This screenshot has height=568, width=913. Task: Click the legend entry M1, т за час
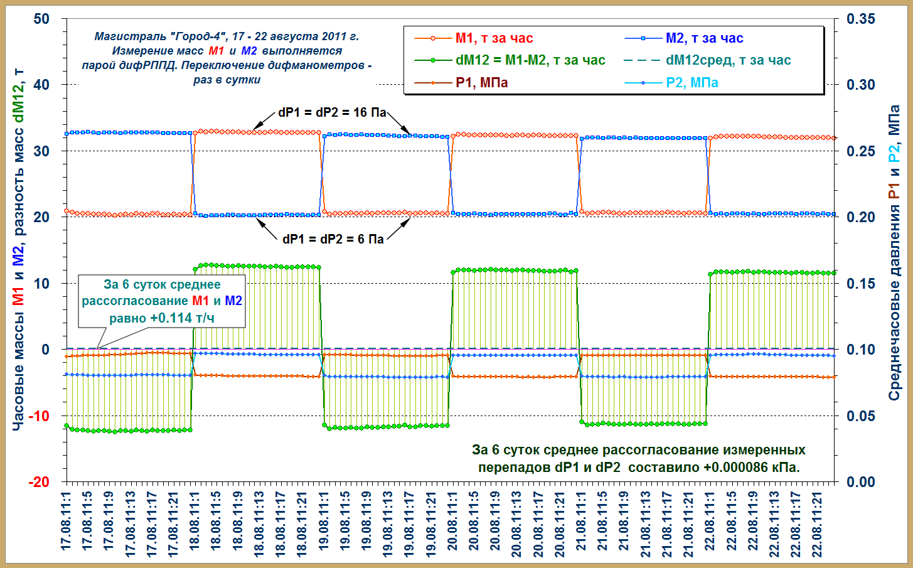tap(493, 38)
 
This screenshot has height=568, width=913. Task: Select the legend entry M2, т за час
tap(704, 38)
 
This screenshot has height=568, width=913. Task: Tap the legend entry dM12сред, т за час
tap(728, 60)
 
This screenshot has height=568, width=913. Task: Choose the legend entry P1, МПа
tap(481, 83)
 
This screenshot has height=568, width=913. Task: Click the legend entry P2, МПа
tap(691, 83)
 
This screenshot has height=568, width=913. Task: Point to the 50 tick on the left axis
tap(41, 19)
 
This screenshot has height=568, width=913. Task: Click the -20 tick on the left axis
tap(39, 481)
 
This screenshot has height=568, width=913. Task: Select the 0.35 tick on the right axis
tap(861, 19)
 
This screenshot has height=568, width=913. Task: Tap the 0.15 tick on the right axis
tap(861, 284)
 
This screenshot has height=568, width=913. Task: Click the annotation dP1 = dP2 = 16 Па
tap(332, 113)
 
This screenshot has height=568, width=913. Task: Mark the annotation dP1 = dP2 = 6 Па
tap(333, 239)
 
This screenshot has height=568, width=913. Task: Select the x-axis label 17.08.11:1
tap(67, 521)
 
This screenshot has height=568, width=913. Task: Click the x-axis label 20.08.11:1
tap(452, 521)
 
